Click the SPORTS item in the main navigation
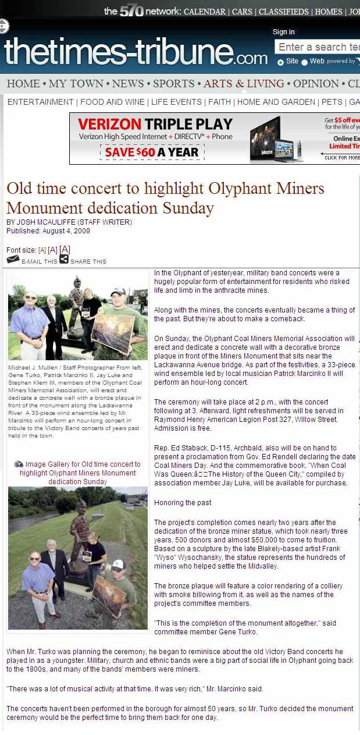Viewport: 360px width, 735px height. (x=173, y=84)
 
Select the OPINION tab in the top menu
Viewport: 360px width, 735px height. (x=316, y=84)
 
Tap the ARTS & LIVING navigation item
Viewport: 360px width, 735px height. (x=244, y=84)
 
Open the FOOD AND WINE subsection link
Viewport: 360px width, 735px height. (x=112, y=102)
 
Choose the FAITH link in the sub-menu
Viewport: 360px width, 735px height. (x=220, y=102)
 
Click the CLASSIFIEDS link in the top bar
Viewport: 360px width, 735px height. (x=283, y=12)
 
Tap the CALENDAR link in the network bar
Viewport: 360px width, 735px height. (x=204, y=12)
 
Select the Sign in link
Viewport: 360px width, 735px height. (x=284, y=32)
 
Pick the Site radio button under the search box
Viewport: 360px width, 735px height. (x=280, y=62)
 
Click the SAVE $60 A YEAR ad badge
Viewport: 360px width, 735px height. (x=152, y=152)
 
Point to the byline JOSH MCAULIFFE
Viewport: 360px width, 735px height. (x=40, y=222)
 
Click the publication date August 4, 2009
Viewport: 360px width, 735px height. (x=66, y=231)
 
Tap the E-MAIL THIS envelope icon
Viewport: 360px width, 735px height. (x=13, y=260)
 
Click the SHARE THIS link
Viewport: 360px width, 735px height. (x=88, y=262)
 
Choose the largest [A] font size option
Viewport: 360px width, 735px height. (x=65, y=250)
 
